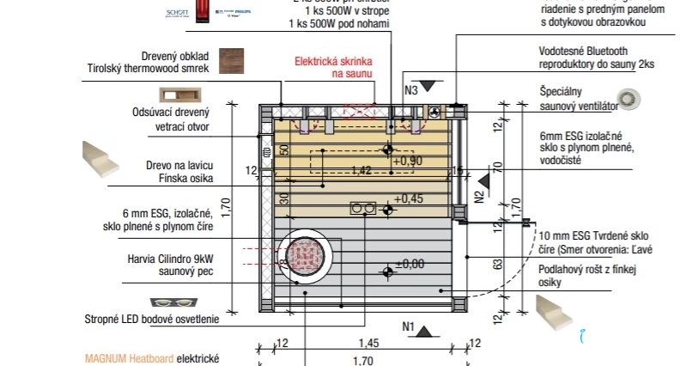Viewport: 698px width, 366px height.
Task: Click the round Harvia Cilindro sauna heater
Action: (x=304, y=255)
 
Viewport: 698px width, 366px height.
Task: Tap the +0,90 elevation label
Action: (x=408, y=160)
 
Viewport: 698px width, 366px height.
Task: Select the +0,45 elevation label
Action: (x=410, y=199)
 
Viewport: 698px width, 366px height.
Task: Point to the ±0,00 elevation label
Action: (x=410, y=264)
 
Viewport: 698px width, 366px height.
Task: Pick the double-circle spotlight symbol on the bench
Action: (x=362, y=209)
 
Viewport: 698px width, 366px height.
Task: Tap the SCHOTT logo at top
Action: (x=175, y=14)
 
